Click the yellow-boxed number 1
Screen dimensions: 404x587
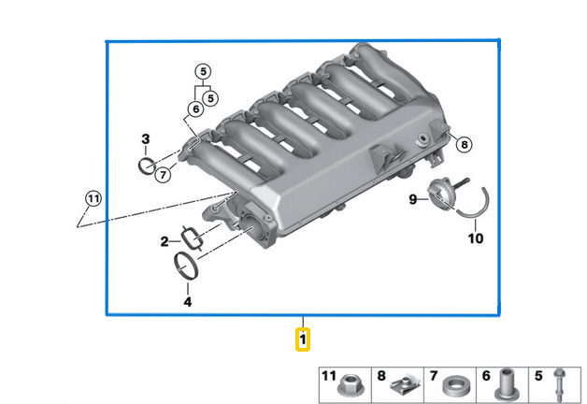tap(303, 339)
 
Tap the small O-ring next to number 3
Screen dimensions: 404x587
tap(146, 166)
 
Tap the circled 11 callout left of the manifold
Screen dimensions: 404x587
tap(92, 198)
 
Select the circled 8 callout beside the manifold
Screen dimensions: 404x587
tap(465, 144)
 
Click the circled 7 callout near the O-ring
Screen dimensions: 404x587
tap(163, 175)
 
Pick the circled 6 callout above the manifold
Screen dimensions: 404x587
tap(194, 109)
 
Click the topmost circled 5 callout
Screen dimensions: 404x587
tap(203, 70)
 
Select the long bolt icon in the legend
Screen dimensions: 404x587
tap(560, 383)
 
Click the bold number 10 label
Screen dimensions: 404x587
tap(476, 238)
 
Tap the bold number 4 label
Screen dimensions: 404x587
tap(187, 301)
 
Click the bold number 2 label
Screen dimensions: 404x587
tap(164, 241)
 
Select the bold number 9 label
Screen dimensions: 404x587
tap(411, 199)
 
